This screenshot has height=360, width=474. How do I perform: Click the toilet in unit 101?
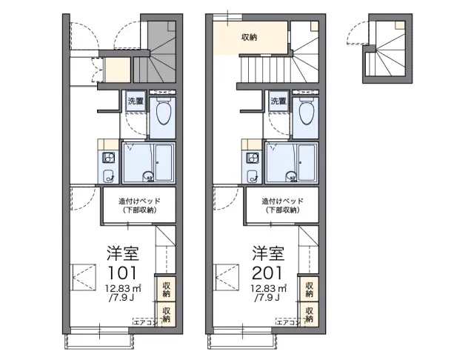coord(164,111)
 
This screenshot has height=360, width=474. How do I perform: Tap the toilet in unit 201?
coord(307,111)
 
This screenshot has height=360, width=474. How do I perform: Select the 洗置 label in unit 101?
coord(135,101)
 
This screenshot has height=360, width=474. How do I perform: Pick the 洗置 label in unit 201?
coord(278,101)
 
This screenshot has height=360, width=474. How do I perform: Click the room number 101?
coord(122,273)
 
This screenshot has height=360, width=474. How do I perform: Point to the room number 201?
coord(267,273)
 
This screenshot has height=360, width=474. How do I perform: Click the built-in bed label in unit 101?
coord(139,205)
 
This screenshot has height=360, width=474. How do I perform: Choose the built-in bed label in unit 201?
coord(283,205)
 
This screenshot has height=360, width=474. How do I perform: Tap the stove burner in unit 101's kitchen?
coord(108,158)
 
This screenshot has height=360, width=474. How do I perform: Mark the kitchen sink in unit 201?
coord(252,176)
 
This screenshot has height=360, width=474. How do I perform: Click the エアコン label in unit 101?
coord(145,322)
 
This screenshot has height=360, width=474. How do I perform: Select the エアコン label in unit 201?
coord(288,322)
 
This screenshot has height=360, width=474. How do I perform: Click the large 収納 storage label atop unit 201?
coord(249,37)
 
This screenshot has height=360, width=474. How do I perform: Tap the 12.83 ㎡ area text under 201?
coord(269,288)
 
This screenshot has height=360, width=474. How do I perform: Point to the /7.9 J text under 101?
coord(121,298)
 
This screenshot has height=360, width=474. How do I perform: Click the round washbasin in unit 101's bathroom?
coord(148,176)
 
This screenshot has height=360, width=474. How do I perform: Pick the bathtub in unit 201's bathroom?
coord(307,163)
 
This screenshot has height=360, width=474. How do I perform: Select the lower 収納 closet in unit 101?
coord(166,314)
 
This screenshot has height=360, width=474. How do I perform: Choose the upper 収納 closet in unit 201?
coord(309,290)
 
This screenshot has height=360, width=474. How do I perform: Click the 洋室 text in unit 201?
coord(268,253)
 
